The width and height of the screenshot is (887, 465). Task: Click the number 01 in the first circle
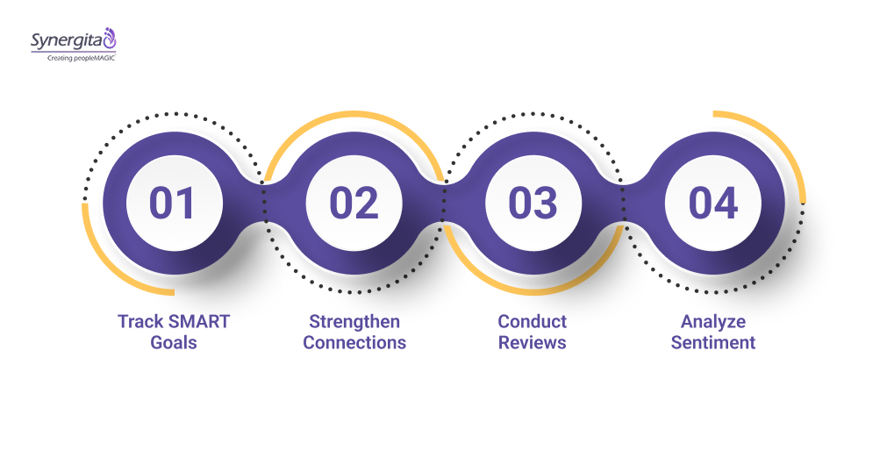click(172, 203)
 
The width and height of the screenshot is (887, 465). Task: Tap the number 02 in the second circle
click(353, 203)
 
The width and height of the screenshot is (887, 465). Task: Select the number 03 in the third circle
click(533, 203)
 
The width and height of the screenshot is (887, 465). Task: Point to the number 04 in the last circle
click(712, 203)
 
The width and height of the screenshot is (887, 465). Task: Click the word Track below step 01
click(139, 321)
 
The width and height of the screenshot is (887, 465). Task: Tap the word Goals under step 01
click(173, 342)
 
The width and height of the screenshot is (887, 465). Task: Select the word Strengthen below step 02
click(354, 321)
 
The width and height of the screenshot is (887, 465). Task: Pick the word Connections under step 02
click(354, 342)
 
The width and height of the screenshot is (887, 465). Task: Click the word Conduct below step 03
click(533, 321)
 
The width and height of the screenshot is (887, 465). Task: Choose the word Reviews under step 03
click(533, 342)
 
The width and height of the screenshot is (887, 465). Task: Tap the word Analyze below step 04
click(712, 321)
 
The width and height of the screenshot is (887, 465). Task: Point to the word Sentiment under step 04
click(712, 342)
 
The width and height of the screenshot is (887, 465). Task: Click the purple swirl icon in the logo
click(109, 38)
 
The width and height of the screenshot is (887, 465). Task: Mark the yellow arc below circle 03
click(533, 290)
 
